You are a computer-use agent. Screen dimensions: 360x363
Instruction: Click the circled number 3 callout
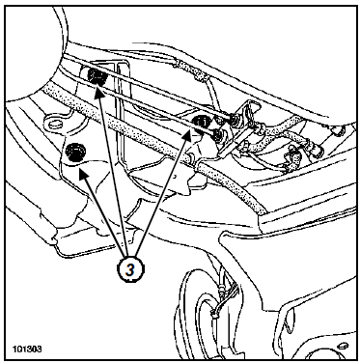130,269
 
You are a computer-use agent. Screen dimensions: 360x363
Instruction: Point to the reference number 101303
27,349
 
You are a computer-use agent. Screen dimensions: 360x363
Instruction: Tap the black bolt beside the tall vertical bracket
97,76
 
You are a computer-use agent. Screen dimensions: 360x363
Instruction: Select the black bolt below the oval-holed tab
74,152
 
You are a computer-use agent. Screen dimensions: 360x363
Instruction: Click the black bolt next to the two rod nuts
201,122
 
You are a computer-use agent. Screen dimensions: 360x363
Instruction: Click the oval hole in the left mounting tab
55,124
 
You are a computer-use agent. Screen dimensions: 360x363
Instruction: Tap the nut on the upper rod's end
234,120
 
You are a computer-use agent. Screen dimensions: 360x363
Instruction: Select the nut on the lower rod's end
219,135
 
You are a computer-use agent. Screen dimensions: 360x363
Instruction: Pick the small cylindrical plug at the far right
338,131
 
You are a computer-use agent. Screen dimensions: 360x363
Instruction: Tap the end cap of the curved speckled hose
318,149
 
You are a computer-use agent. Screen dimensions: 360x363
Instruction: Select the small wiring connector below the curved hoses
291,160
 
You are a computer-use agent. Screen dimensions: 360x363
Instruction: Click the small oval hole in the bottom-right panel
343,346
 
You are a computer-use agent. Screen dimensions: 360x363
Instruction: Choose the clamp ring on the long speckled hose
193,158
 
